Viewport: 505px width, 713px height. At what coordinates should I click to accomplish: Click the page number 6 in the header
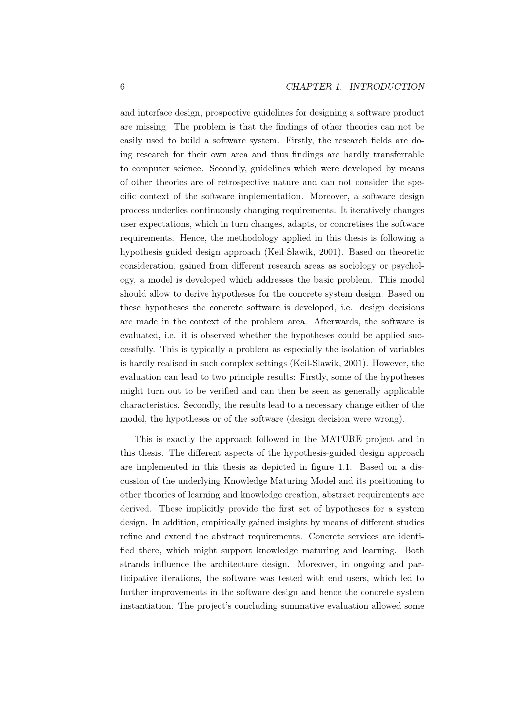click(x=122, y=87)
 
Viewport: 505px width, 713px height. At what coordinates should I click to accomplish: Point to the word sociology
click(x=359, y=266)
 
